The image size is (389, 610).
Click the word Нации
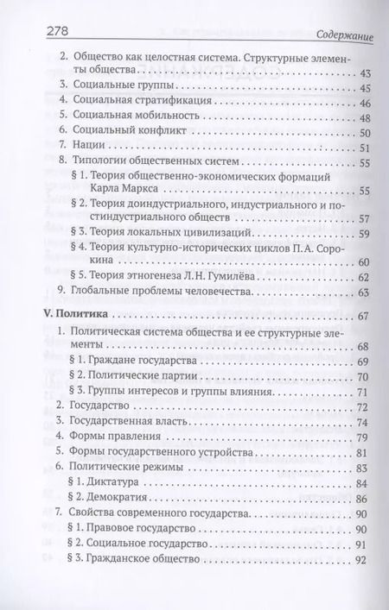tap(87, 148)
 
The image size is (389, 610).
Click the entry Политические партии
tap(156, 376)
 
